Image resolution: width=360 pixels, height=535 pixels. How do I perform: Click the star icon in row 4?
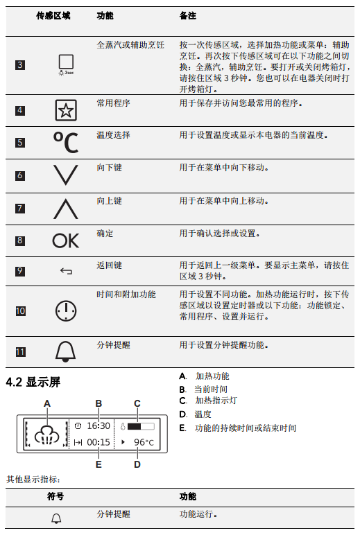click(66, 110)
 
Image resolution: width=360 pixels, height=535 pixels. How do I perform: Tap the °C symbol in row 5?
click(66, 142)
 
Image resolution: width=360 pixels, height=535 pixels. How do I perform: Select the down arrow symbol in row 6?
click(66, 175)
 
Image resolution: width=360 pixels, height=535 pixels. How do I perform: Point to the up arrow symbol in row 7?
click(66, 209)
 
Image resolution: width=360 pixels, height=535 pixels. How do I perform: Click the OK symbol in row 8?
click(66, 240)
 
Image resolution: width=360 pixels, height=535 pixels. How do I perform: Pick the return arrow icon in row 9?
click(66, 271)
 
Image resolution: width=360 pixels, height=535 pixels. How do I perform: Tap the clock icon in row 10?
click(66, 311)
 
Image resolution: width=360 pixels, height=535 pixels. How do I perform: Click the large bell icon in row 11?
click(66, 351)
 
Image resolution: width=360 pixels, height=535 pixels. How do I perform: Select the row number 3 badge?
click(20, 65)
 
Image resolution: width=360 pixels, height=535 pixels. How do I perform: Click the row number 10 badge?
click(21, 311)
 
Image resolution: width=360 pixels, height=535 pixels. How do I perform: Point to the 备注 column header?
click(188, 16)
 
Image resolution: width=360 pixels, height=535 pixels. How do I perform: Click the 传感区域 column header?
click(53, 16)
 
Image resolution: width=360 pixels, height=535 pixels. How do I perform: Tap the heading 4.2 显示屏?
click(33, 382)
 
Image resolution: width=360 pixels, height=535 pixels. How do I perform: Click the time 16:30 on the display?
click(98, 426)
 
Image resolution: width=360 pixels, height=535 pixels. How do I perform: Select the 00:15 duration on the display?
click(98, 442)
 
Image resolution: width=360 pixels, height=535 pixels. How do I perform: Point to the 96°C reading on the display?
click(144, 442)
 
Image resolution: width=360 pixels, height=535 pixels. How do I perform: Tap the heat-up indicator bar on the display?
click(141, 426)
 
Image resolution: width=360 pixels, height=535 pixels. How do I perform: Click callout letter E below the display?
click(98, 464)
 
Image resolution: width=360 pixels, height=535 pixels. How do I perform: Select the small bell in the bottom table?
click(56, 518)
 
